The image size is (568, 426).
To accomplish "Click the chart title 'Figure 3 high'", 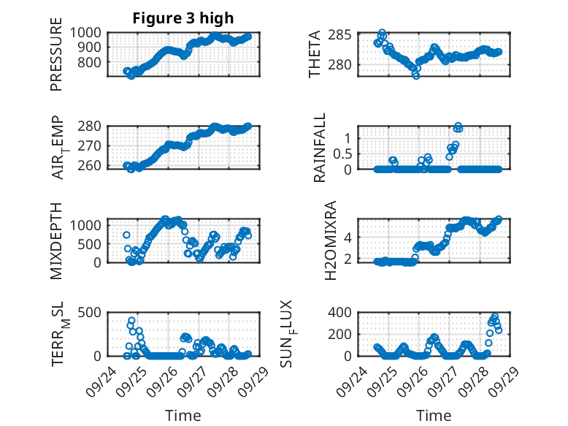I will tap(183, 18).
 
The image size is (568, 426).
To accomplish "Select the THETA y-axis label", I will tap(315, 54).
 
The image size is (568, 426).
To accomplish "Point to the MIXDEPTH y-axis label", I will tap(56, 241).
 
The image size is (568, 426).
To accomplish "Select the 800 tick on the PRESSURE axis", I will tap(92, 63).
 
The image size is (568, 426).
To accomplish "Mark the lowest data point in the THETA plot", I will tap(415, 75).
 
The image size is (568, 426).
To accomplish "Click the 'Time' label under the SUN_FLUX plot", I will tap(434, 415).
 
